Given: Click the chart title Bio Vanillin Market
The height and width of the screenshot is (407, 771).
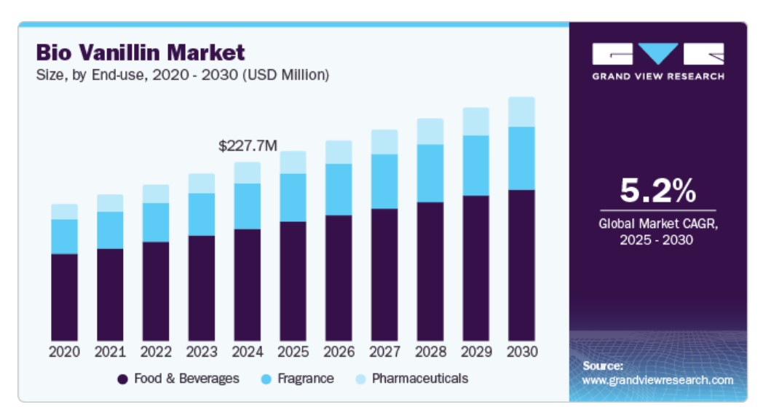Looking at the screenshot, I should (x=141, y=52).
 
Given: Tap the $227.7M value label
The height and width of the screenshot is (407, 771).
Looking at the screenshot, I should (x=248, y=146).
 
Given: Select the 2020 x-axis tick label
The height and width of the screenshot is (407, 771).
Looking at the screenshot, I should (x=64, y=352).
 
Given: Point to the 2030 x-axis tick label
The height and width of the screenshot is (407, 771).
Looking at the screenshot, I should (x=521, y=352).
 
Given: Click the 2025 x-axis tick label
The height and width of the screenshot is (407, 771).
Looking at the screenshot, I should (x=293, y=352).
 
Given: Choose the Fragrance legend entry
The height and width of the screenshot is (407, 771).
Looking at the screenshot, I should (x=298, y=379).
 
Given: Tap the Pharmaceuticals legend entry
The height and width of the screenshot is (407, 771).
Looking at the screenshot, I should (x=411, y=379).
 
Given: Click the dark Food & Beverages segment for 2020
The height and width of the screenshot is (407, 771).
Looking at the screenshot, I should (x=64, y=296).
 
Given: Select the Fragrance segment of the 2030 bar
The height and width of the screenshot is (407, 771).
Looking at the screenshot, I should (x=521, y=158).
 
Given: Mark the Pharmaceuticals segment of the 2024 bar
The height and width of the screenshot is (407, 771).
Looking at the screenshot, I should (x=248, y=173).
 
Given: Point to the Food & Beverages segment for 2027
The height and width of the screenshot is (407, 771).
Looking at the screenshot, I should (x=384, y=274).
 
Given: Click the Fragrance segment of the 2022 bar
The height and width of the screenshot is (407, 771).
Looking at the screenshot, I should (x=156, y=222).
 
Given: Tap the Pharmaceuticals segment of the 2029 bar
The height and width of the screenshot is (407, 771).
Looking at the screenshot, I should (x=475, y=122).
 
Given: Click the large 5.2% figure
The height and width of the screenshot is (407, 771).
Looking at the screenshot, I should (x=657, y=191).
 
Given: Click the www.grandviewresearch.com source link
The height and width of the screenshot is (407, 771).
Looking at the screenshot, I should (x=657, y=380).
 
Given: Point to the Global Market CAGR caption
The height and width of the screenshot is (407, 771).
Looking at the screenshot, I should (x=657, y=232).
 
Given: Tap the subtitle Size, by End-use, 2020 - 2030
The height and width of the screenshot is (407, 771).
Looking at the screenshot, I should (x=183, y=75).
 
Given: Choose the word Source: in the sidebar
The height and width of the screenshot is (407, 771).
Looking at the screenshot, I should (x=603, y=365).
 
